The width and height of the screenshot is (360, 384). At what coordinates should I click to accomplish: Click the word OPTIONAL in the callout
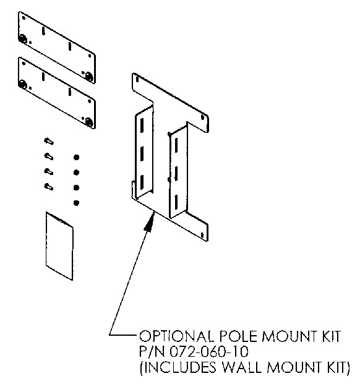click(x=176, y=336)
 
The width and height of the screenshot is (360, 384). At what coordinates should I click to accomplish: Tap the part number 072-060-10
click(x=209, y=351)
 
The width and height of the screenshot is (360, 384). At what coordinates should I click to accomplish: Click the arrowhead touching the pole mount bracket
click(x=150, y=221)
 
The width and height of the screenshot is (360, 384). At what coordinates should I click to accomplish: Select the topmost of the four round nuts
click(x=76, y=157)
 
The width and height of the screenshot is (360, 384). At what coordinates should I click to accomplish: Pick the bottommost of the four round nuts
click(x=76, y=203)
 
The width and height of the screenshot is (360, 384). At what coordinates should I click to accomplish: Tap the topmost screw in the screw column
click(x=49, y=142)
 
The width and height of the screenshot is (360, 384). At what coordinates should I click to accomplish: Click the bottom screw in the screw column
click(x=49, y=187)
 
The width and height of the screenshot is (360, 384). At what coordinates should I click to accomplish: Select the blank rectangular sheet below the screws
click(x=59, y=246)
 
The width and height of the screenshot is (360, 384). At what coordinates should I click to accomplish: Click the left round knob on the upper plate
click(x=22, y=39)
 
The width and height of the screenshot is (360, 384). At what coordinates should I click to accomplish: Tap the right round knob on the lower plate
click(x=89, y=122)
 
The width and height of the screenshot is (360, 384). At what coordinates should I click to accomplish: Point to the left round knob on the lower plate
click(x=22, y=85)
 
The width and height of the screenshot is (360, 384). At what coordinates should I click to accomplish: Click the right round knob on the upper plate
click(x=89, y=77)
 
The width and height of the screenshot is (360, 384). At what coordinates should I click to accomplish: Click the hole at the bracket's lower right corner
click(x=202, y=236)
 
